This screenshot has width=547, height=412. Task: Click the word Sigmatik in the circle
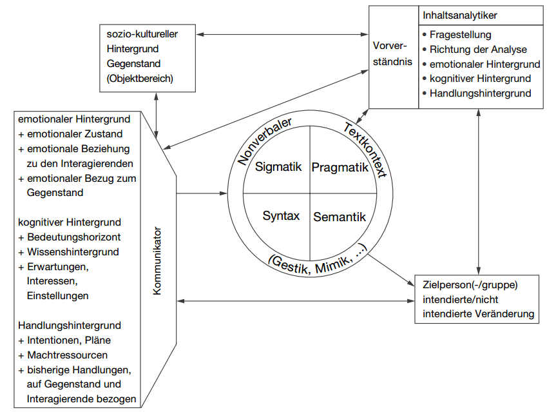coord(278,167)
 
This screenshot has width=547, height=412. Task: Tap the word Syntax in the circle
coord(281,216)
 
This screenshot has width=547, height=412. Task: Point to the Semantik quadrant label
coord(340,217)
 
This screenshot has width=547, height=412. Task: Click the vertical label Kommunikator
coord(157,260)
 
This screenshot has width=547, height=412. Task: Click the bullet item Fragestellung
coord(460,34)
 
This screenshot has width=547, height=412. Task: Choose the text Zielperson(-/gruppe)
coord(470,284)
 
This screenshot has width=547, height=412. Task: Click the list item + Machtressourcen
coord(62,355)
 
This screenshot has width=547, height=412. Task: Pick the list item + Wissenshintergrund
coord(68,252)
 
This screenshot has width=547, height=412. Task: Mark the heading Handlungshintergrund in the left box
coord(70,326)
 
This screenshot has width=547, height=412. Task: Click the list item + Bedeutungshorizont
coord(69,237)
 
